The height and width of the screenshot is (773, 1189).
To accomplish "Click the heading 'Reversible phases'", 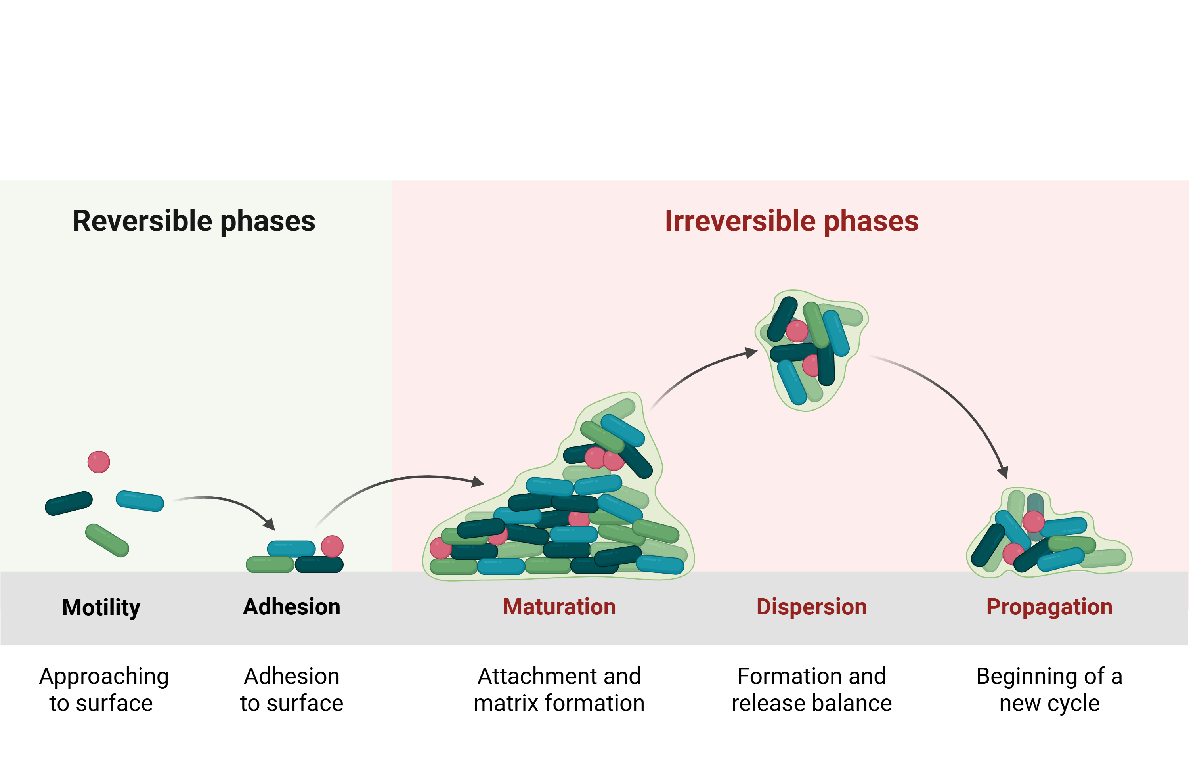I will click(x=194, y=221).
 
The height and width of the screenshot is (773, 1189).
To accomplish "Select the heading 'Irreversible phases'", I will click(x=791, y=221).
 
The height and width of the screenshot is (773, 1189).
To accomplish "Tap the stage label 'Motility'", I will click(x=101, y=607).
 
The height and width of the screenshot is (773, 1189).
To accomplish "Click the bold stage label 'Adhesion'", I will click(x=292, y=607).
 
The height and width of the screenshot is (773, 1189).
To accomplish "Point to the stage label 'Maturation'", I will click(x=559, y=607).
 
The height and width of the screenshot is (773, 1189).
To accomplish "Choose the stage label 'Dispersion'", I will click(x=811, y=607).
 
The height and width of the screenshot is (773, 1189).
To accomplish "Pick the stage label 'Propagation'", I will click(x=1049, y=607).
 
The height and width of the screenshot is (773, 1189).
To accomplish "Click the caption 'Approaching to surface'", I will click(x=103, y=689).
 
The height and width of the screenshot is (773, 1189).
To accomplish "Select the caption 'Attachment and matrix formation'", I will click(x=559, y=689).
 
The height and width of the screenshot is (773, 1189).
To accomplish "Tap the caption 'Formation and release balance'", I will click(x=811, y=689).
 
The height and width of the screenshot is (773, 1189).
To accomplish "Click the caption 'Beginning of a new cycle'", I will click(x=1049, y=689).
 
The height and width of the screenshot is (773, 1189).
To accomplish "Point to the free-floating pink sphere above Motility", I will click(x=99, y=462).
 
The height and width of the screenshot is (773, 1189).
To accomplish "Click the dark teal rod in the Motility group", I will click(x=69, y=503).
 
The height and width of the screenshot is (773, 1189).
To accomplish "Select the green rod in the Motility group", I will click(x=107, y=540).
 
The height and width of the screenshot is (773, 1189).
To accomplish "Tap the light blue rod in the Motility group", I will click(x=140, y=501).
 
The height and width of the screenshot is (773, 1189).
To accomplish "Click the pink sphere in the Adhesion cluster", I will click(x=332, y=546).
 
